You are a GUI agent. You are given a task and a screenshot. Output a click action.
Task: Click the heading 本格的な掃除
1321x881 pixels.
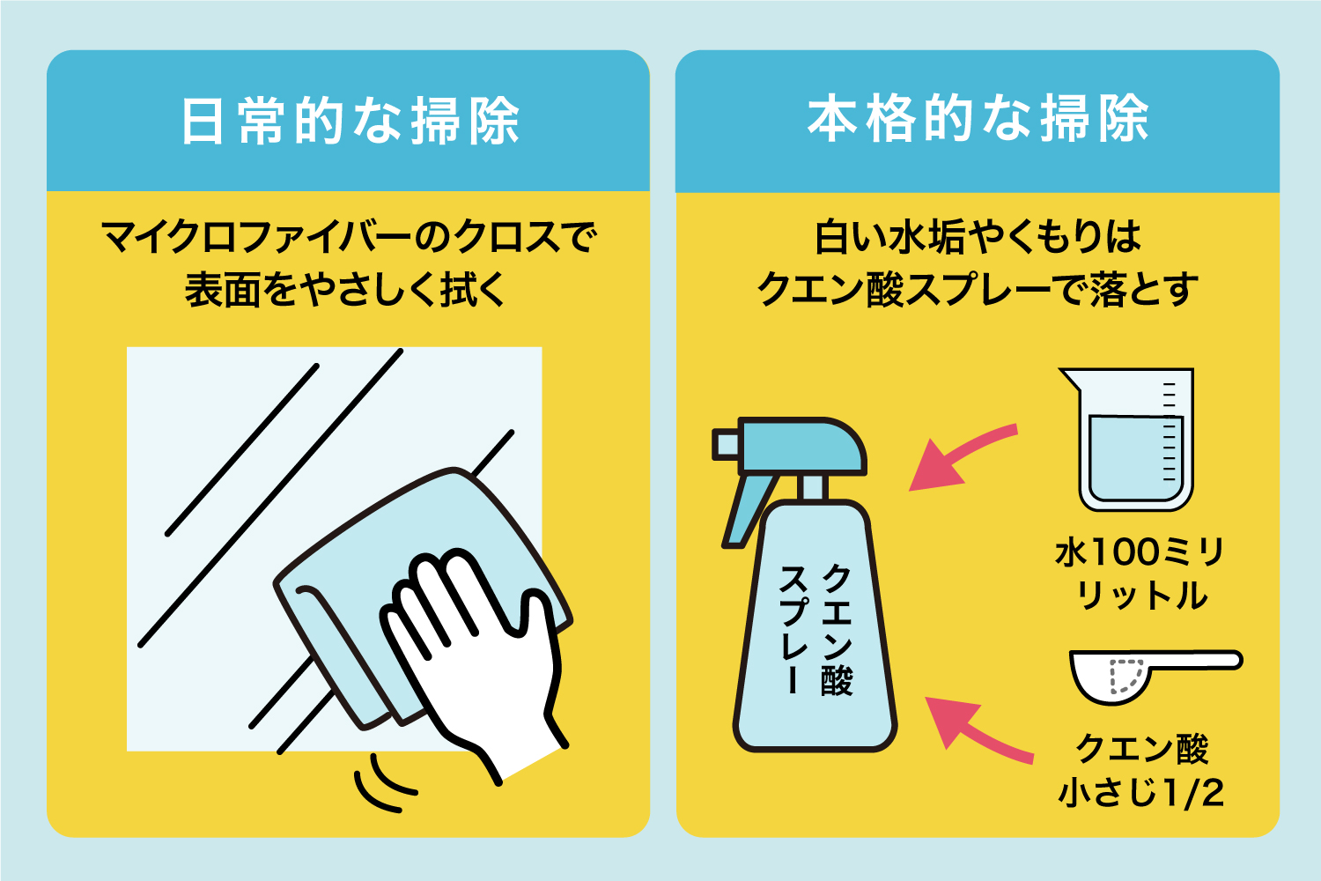click(978, 119)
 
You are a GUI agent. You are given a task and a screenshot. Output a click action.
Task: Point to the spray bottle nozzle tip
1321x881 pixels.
click(725, 444)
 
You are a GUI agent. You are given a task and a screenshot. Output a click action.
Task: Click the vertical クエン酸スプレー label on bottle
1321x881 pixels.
click(815, 630)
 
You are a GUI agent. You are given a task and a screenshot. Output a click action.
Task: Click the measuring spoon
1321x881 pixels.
click(1145, 674)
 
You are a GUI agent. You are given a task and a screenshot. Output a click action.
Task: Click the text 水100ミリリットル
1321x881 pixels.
click(1140, 574)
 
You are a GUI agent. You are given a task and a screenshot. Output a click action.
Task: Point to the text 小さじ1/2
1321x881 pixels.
click(1140, 793)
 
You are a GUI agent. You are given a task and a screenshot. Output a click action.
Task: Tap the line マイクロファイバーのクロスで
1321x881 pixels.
click(349, 238)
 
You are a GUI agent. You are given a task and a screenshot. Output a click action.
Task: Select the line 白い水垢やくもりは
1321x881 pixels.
click(978, 238)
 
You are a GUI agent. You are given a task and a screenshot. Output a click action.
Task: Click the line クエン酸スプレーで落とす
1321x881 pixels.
click(978, 289)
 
